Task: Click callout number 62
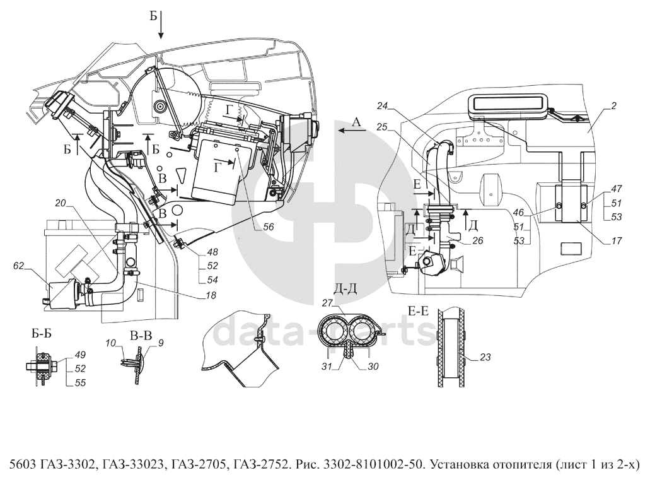[19, 266]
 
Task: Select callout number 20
[61, 203]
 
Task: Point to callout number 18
[211, 295]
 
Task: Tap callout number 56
[269, 227]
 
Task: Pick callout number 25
[382, 127]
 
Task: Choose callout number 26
[477, 240]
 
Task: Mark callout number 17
[617, 240]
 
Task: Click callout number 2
[614, 106]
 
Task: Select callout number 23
[485, 356]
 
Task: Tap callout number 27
[327, 303]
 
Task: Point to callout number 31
[327, 366]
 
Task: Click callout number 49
[80, 355]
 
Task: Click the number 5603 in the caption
[21, 463]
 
